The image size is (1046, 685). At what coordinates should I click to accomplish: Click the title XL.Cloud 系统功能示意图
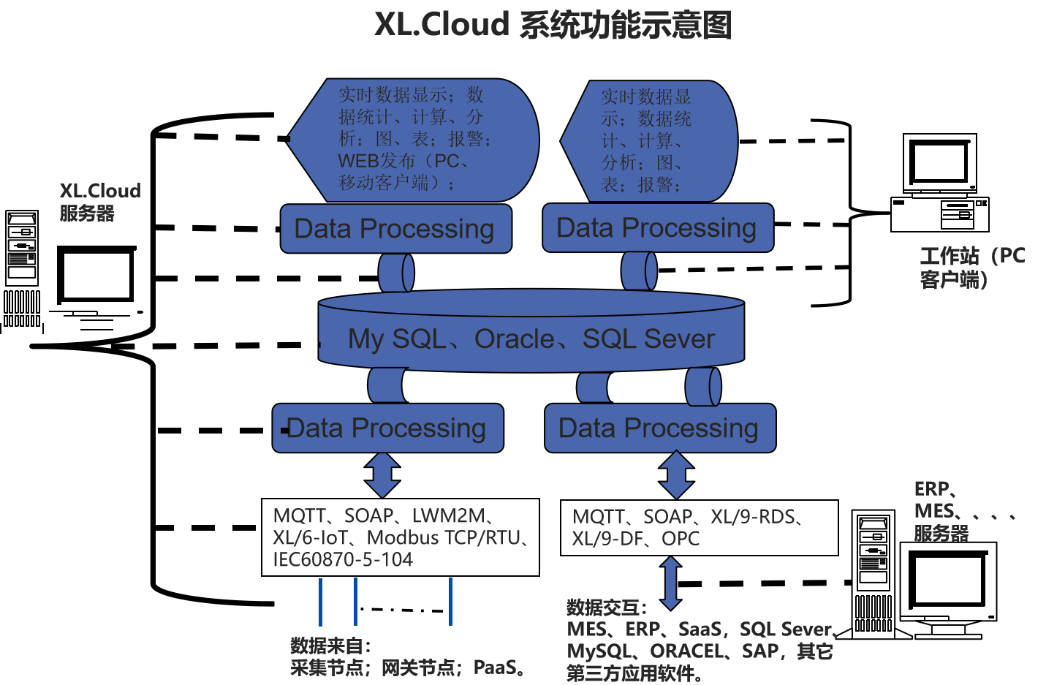[x=553, y=25]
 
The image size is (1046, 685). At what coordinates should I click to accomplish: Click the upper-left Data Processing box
[x=395, y=229]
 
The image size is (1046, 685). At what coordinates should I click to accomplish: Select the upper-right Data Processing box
[x=657, y=228]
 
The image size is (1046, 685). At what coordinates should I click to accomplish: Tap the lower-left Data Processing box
[x=387, y=428]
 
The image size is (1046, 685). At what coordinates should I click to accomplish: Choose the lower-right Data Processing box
[x=659, y=428]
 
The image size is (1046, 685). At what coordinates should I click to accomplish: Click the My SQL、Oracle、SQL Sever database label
[x=531, y=339]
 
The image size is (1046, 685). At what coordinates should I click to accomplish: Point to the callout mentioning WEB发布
[x=414, y=140]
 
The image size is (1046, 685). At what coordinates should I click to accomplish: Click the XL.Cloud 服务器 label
[x=99, y=202]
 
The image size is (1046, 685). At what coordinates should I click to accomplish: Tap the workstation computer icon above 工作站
[x=940, y=183]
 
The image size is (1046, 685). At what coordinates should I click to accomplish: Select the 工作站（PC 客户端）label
[x=971, y=268]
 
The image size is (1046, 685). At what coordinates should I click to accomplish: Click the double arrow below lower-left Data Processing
[x=382, y=475]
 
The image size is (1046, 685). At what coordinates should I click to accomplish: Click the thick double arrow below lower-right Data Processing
[x=676, y=475]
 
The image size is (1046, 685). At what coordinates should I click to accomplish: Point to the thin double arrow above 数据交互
[x=670, y=583]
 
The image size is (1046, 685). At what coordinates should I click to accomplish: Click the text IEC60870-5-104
[x=343, y=560]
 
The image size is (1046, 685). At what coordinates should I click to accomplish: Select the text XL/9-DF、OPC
[x=636, y=539]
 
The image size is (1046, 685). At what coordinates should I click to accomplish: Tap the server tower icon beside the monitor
[x=874, y=574]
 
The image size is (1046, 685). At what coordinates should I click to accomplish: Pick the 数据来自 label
[x=330, y=646]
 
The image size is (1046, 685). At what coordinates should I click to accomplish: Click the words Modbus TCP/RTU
[x=444, y=538]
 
